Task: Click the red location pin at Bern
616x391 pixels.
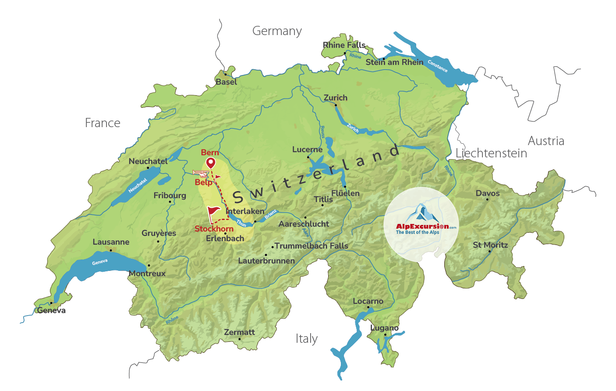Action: (211, 163)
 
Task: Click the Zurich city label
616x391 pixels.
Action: (335, 98)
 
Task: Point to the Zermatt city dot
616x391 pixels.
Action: (239, 339)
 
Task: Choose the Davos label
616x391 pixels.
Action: (488, 193)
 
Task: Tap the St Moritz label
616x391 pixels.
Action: (490, 245)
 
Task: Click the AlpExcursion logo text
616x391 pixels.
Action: (422, 227)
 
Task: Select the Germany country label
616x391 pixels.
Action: (277, 31)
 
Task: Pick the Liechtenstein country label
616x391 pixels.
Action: (491, 153)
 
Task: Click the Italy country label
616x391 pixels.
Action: (306, 339)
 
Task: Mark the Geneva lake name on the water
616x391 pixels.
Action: (99, 262)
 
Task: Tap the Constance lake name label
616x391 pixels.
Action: (437, 66)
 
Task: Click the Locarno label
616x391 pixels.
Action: (368, 301)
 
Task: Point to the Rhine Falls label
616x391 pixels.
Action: (344, 45)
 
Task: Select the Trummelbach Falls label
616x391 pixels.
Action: (311, 246)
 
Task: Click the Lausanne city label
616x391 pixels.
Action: (111, 242)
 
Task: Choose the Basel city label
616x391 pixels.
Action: (226, 82)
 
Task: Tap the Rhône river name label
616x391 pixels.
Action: (172, 320)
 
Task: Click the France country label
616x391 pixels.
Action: (103, 123)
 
